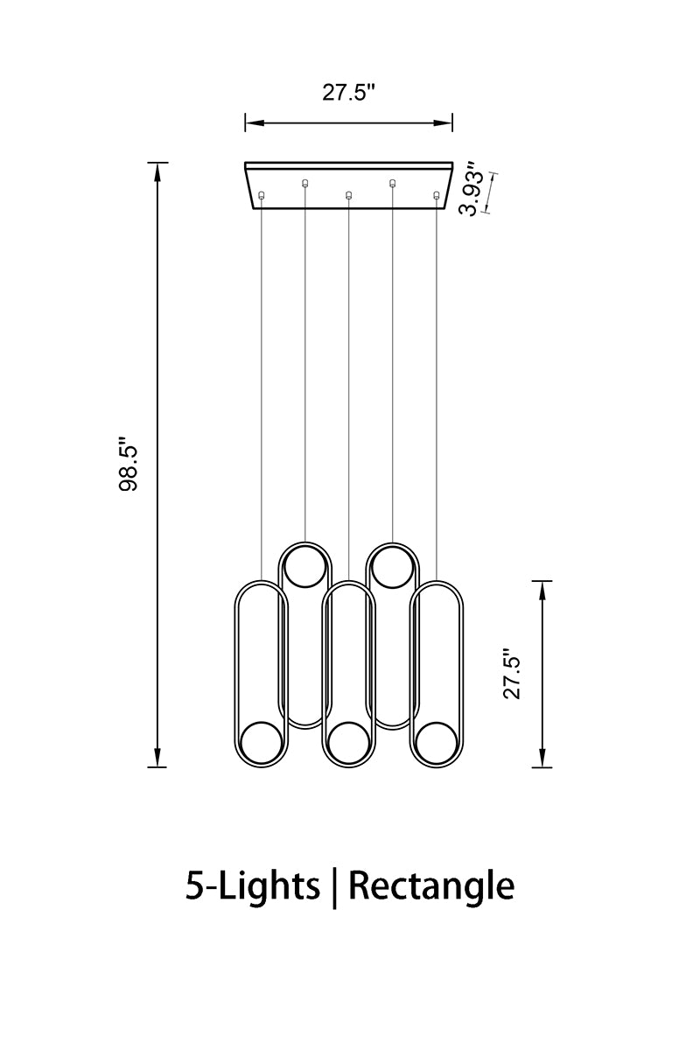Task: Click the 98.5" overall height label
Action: [x=129, y=465]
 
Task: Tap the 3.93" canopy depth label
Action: [x=471, y=189]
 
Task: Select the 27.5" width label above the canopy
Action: [x=349, y=93]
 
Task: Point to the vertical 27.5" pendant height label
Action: [x=512, y=674]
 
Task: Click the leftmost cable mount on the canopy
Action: [x=262, y=195]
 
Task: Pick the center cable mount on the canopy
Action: [x=348, y=195]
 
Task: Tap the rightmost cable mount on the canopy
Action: [x=437, y=195]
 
